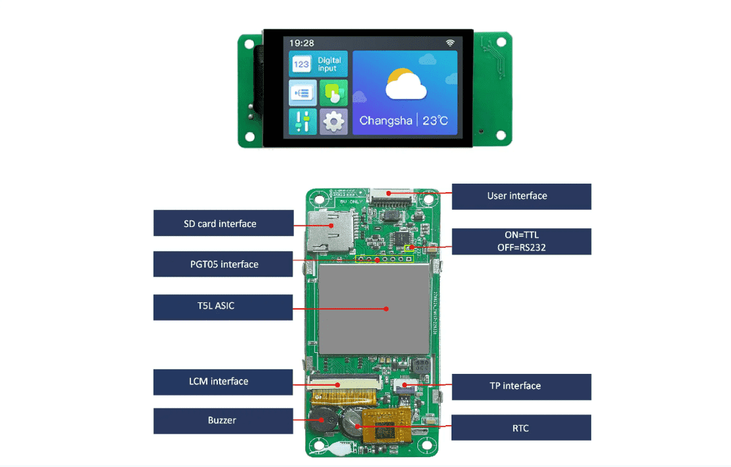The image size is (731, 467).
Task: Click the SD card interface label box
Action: [x=223, y=223]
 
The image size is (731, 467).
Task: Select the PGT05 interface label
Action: [x=223, y=264]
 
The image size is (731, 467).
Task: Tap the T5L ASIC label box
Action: [x=223, y=307]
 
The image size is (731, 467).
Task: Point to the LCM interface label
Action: [x=223, y=382]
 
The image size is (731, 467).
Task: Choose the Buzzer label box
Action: [x=223, y=420]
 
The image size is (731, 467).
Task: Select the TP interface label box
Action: [x=522, y=386]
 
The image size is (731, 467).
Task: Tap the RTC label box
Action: [x=522, y=428]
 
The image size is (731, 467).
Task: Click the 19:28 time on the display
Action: [x=302, y=43]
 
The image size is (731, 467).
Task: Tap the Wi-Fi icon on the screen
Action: [x=450, y=43]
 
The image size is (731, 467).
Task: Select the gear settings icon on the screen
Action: [x=334, y=121]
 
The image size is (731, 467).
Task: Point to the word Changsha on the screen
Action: [x=385, y=121]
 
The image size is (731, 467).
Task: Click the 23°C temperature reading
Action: [x=435, y=121]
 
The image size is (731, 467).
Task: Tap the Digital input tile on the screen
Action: [x=318, y=64]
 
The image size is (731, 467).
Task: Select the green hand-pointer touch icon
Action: [x=334, y=93]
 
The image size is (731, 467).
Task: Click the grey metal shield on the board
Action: [x=374, y=308]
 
